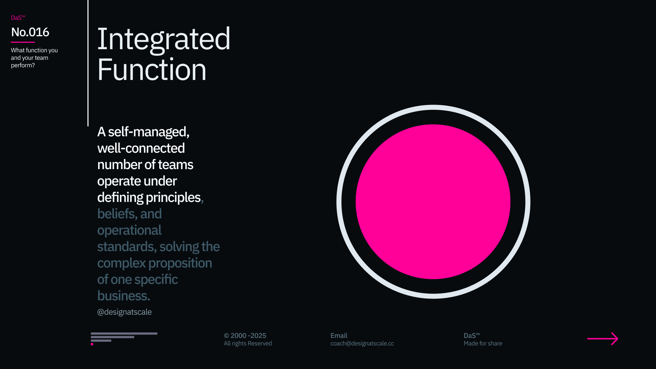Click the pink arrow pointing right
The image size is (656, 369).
603,339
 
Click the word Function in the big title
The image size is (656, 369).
152,70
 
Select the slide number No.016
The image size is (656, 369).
30,32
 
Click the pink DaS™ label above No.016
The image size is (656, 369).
18,18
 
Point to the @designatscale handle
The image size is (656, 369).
124,312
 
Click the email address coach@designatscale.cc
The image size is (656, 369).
362,343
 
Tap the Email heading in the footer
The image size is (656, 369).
339,336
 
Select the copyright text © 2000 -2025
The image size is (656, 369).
245,336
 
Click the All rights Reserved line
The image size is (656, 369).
248,343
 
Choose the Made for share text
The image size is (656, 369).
483,343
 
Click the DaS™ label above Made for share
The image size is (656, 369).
472,336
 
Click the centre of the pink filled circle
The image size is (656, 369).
433,202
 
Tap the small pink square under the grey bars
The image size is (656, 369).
92,344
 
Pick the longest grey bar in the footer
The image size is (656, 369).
124,333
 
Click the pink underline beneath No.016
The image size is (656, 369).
23,42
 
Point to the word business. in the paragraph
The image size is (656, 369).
124,296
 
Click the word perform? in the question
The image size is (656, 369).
23,65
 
